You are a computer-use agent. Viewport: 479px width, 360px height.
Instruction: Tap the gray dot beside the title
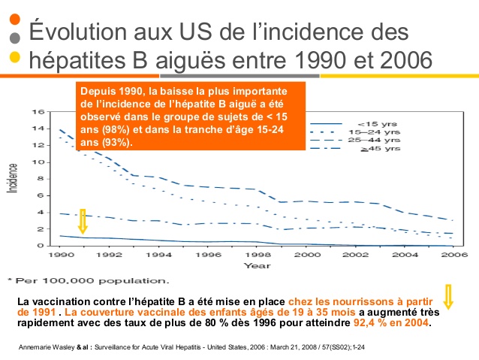[x=14, y=38]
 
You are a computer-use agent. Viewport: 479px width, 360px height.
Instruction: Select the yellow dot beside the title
[x=14, y=57]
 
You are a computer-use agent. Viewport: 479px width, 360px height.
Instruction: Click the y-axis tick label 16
[x=39, y=112]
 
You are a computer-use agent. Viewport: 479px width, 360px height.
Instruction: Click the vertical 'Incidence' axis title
[x=13, y=177]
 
